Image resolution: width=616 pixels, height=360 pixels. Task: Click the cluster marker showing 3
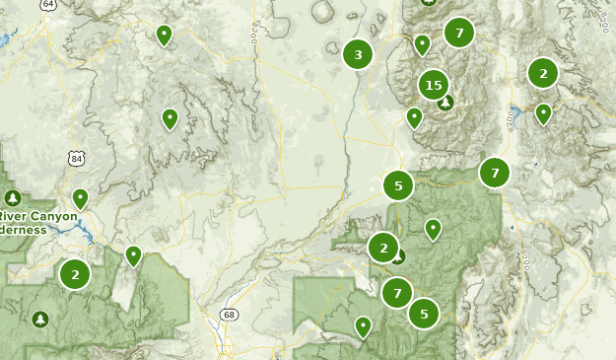tap(358, 55)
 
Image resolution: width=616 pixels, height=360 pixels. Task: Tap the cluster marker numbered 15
tap(434, 85)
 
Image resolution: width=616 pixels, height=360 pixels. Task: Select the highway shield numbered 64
tap(48, 4)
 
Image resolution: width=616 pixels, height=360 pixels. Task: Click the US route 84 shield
tap(76, 158)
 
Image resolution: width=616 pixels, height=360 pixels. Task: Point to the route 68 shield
tap(230, 315)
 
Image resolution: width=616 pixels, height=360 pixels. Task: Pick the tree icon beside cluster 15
tap(446, 102)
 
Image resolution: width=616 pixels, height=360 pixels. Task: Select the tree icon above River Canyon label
tap(13, 198)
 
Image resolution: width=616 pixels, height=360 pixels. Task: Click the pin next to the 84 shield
tap(80, 198)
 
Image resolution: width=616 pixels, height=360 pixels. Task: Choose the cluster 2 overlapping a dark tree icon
tap(384, 248)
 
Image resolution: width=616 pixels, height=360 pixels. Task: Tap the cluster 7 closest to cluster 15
tap(458, 33)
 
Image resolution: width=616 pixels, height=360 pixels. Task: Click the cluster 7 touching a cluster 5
tap(397, 292)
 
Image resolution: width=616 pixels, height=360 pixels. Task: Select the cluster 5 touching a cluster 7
tap(424, 314)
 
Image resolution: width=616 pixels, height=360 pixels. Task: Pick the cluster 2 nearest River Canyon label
tap(74, 273)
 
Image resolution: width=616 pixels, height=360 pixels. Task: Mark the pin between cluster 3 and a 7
tap(422, 44)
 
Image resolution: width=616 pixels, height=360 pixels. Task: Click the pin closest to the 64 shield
tap(164, 36)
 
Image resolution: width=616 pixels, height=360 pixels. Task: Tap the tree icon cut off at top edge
tap(428, 2)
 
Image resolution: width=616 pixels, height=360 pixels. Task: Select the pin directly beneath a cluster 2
tap(542, 113)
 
